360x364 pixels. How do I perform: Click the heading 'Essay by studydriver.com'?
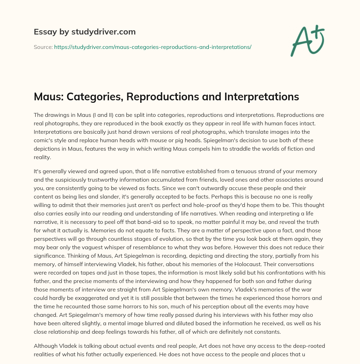point(84,32)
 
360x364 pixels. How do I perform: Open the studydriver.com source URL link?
point(153,47)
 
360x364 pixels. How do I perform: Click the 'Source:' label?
point(43,47)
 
